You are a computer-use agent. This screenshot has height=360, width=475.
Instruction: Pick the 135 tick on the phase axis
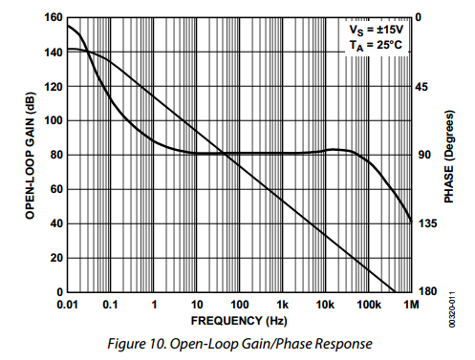click(428, 223)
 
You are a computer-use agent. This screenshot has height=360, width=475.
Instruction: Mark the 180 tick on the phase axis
click(428, 292)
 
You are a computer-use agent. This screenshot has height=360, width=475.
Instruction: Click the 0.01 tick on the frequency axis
click(66, 305)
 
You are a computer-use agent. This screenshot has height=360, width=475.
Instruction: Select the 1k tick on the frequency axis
click(282, 305)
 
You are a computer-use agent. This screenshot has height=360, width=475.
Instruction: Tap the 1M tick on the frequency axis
click(411, 305)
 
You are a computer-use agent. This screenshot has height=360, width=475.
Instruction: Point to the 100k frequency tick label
click(368, 305)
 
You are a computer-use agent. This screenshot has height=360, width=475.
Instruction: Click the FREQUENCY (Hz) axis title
click(238, 320)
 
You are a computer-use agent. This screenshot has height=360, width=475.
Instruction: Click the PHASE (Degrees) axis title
click(448, 155)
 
